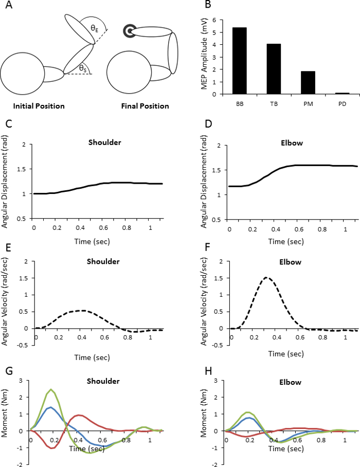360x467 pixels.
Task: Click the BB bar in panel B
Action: [240, 61]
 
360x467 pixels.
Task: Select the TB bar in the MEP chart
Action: [274, 69]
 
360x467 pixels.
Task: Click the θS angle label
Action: [83, 67]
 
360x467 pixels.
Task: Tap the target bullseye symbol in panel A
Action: [128, 32]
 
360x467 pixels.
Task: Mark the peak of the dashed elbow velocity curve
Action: [266, 278]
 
